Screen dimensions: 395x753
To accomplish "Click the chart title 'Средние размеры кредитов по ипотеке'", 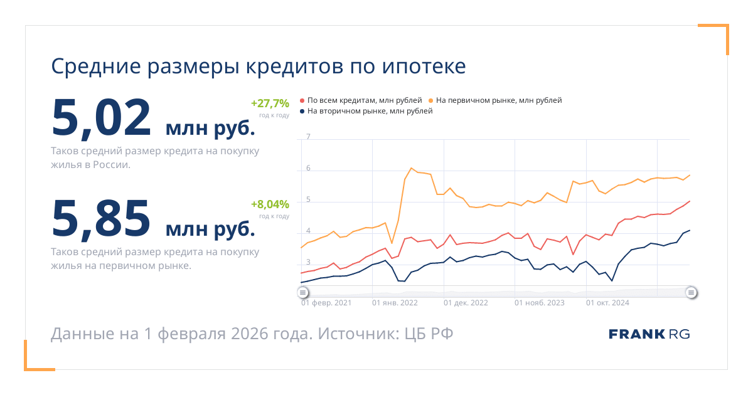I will (258, 66).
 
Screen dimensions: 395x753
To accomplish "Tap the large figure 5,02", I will (102, 117).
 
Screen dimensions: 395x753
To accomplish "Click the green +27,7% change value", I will (270, 103).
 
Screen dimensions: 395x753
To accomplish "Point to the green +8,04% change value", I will (270, 204).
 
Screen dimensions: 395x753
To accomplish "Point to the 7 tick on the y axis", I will (308, 137).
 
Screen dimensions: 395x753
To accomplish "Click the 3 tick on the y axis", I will (308, 265).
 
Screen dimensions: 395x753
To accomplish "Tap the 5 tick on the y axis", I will (308, 201).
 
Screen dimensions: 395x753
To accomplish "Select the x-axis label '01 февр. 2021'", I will (326, 303).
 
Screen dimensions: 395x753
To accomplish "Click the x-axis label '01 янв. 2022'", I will (395, 303).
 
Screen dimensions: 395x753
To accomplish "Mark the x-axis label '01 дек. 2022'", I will (466, 303).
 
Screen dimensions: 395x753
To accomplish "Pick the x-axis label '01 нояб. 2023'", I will (539, 303).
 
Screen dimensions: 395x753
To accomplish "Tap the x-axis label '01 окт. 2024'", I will (607, 303).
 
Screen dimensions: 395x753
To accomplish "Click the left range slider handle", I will (302, 292).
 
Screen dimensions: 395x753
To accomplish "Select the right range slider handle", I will (691, 292).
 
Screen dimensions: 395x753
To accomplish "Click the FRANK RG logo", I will (649, 334).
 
